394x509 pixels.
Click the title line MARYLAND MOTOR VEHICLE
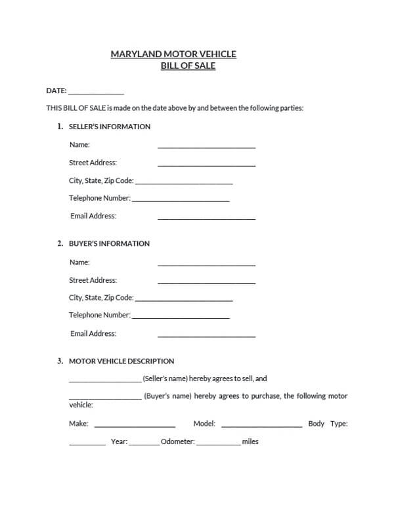pyautogui.click(x=173, y=54)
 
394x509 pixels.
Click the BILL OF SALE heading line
pyautogui.click(x=188, y=66)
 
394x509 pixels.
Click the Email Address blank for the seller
pyautogui.click(x=206, y=218)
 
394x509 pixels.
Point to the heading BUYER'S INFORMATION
pyautogui.click(x=109, y=243)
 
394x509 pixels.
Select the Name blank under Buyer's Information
pyautogui.click(x=206, y=264)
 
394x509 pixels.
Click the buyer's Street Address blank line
pyautogui.click(x=206, y=282)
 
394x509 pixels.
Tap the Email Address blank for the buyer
pyautogui.click(x=206, y=335)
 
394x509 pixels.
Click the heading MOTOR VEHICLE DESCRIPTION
pyautogui.click(x=121, y=361)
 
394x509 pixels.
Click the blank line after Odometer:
pyautogui.click(x=218, y=444)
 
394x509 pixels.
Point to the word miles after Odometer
pyautogui.click(x=250, y=441)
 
